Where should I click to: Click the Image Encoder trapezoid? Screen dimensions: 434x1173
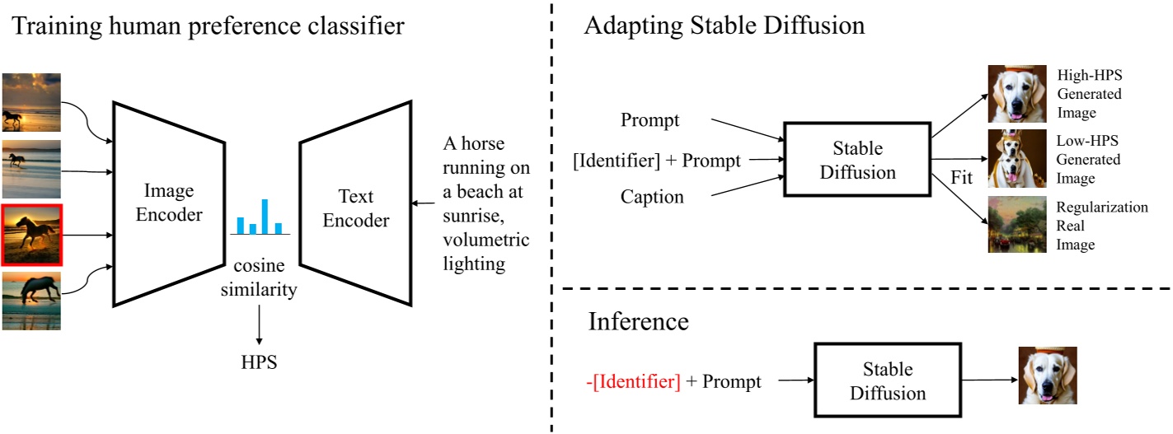coord(168,203)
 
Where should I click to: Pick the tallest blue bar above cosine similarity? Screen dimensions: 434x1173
coord(265,216)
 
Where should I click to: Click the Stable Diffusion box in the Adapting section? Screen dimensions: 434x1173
coord(856,161)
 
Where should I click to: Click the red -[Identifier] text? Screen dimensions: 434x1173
coord(632,381)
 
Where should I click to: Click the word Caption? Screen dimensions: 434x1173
coord(652,198)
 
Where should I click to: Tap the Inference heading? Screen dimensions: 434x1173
coord(639,321)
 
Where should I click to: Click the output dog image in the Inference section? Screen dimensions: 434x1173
coord(1047,376)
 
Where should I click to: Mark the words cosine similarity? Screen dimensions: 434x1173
coord(259,279)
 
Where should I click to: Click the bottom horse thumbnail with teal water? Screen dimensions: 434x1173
coord(30,301)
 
